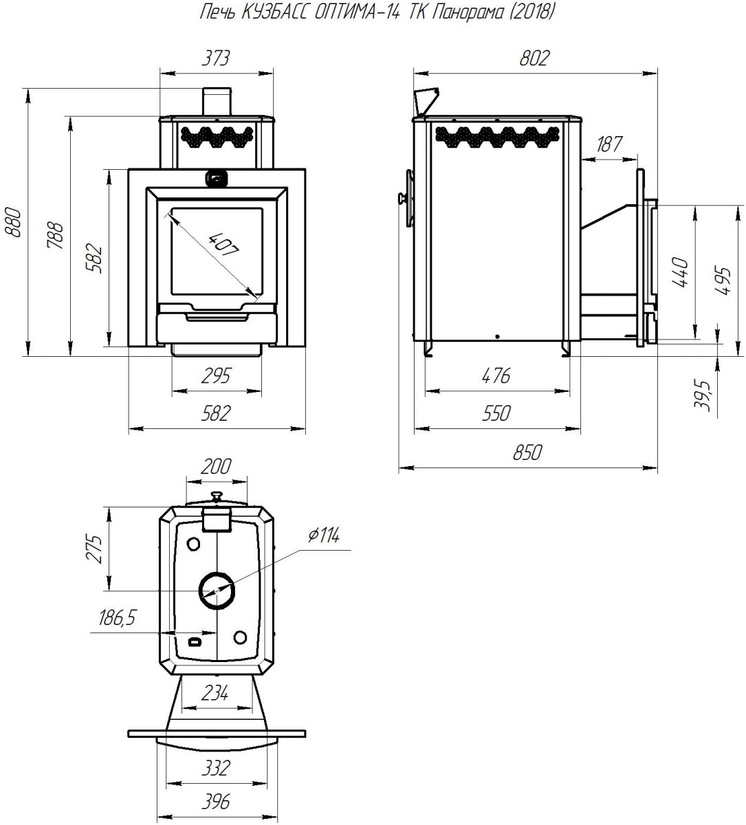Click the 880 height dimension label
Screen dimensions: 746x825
click(x=13, y=223)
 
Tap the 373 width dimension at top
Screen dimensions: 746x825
click(x=216, y=58)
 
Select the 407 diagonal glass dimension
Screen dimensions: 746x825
click(x=223, y=244)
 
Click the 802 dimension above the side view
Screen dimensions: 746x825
click(x=534, y=58)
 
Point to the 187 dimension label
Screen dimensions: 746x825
click(x=609, y=144)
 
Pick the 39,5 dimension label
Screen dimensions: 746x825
click(x=703, y=395)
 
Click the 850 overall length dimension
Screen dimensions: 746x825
click(x=527, y=452)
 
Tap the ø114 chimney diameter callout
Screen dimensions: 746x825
click(x=324, y=536)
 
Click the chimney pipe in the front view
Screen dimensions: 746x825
click(x=217, y=102)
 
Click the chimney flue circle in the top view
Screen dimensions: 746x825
click(x=217, y=590)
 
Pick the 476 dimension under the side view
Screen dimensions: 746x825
click(x=496, y=376)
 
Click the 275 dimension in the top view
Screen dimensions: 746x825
click(x=94, y=549)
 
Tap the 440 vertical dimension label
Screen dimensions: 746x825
click(x=680, y=272)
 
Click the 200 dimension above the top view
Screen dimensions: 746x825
click(x=216, y=467)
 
